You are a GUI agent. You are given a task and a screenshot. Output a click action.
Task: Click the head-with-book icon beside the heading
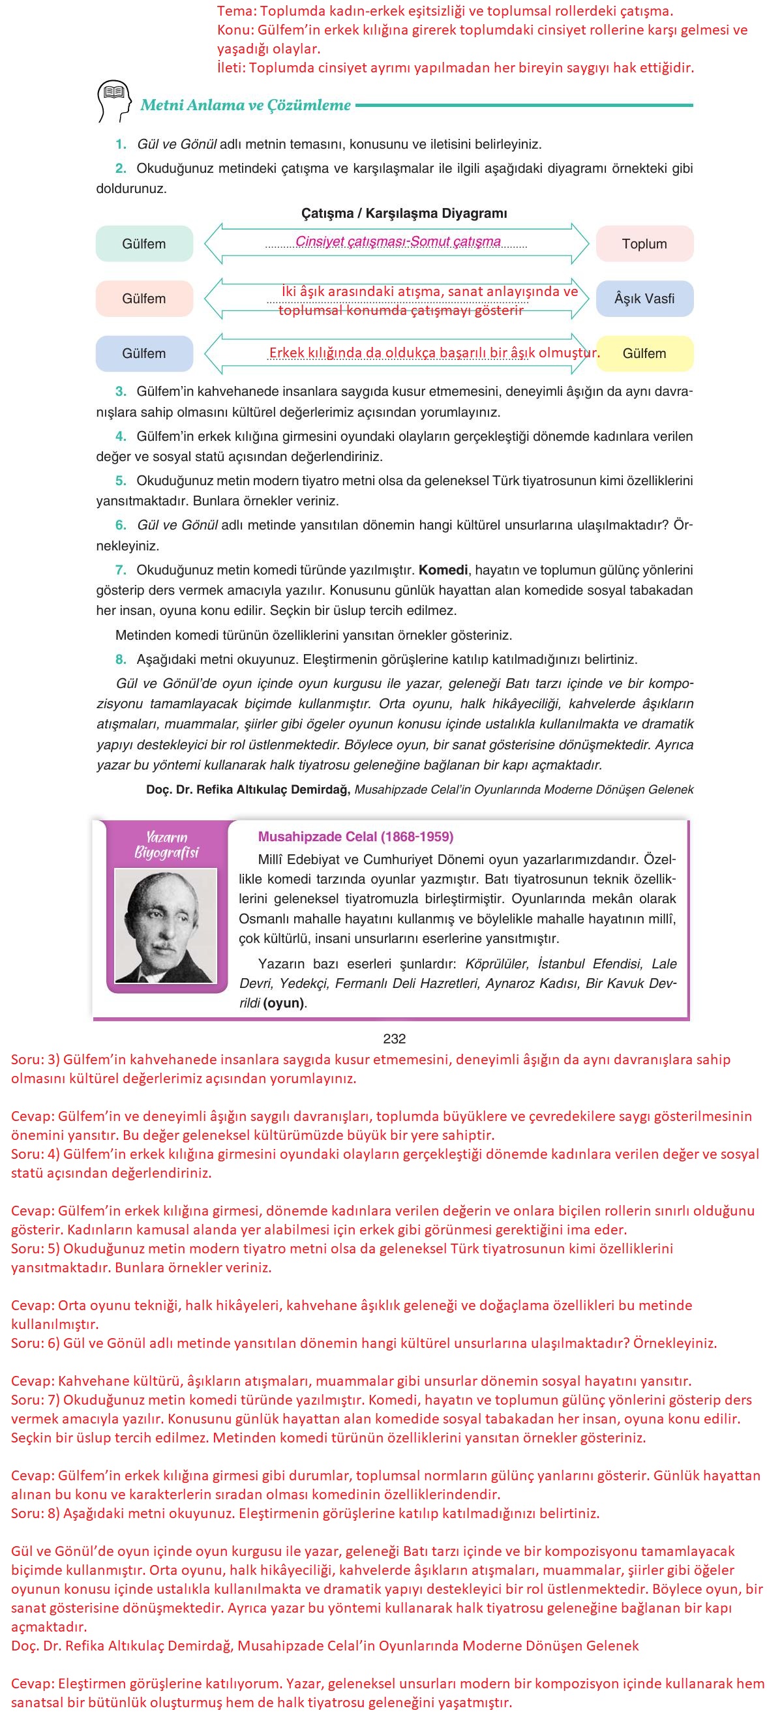[x=113, y=102]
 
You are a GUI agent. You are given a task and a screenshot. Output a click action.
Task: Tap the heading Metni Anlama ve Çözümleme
[x=245, y=105]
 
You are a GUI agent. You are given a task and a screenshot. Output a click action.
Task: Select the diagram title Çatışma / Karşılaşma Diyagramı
[x=404, y=213]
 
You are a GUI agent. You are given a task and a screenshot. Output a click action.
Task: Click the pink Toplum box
[x=644, y=243]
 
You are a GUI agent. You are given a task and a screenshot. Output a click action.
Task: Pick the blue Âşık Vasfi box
[x=644, y=299]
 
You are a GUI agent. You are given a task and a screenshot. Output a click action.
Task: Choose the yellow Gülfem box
[x=644, y=353]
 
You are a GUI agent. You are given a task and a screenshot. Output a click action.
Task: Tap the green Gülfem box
[x=144, y=243]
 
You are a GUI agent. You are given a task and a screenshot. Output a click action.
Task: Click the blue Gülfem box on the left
[x=144, y=353]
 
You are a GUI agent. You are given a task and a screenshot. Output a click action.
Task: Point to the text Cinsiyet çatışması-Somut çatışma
[x=398, y=241]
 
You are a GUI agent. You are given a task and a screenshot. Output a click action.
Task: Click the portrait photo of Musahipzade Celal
[x=166, y=926]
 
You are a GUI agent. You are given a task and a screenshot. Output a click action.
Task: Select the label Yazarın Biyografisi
[x=166, y=845]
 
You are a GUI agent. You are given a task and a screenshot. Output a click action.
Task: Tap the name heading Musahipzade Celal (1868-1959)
[x=355, y=837]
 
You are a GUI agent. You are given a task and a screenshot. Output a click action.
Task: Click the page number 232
[x=394, y=1039]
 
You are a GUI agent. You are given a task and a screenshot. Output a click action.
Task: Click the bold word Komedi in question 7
[x=443, y=570]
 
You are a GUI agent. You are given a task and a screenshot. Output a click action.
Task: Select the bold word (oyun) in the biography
[x=284, y=1003]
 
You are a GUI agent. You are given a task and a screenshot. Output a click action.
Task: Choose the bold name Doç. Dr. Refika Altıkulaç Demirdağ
[x=247, y=789]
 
